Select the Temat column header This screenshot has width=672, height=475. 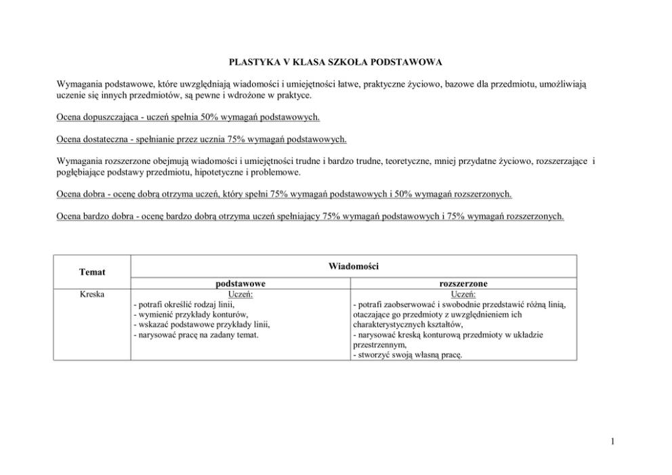[91, 272]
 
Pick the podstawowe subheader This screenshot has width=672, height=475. [240, 284]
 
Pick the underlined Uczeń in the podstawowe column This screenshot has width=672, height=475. [240, 295]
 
